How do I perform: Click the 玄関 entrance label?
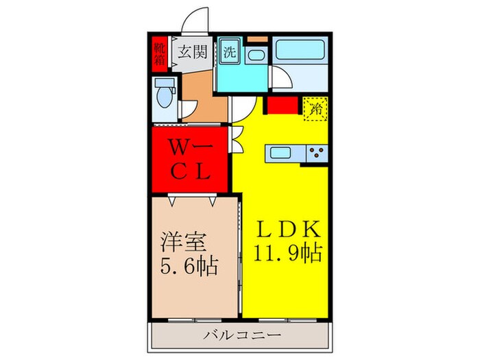tap(193, 52)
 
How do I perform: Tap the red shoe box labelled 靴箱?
tap(159, 53)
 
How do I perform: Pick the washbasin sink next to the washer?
tap(255, 56)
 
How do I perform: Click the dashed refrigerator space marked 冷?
tap(315, 108)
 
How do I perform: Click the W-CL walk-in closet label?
tap(190, 158)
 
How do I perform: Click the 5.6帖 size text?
tap(190, 265)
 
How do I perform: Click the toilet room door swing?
tap(189, 110)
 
